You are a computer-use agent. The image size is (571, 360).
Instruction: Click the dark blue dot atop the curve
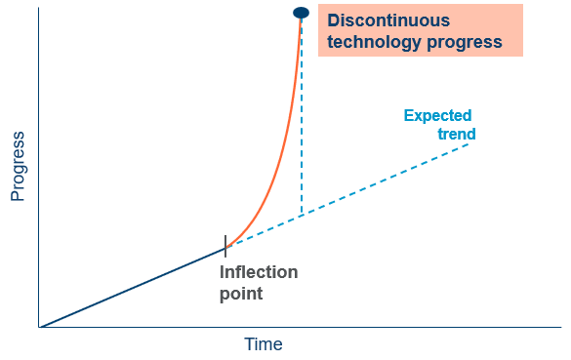coord(302,13)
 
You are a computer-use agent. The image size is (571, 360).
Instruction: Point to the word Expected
coord(438,116)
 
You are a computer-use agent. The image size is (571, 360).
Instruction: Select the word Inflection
coord(259,272)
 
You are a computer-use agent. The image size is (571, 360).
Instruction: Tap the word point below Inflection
coord(241,293)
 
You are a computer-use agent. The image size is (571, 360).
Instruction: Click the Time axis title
coord(264,344)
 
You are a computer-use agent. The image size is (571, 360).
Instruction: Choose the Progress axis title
coord(18,166)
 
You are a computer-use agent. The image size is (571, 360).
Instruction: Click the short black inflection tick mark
coord(225,246)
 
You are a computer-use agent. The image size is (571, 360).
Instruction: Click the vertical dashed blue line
coord(302,117)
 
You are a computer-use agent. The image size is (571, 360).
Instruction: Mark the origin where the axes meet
coord(39,327)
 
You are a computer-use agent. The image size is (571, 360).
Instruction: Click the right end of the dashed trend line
coord(471,144)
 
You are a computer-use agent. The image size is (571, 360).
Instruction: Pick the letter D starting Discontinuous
coord(333,20)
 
